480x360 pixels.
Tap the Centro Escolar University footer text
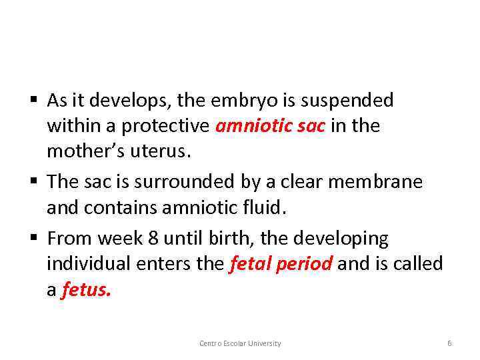(240, 343)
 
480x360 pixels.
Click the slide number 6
(449, 343)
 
